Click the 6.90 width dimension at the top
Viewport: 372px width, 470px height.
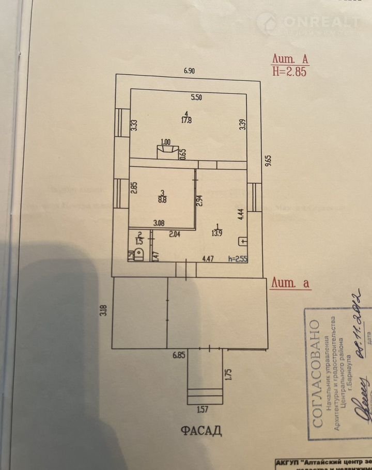[x=187, y=71]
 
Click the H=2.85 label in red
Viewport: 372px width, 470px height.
[x=289, y=72]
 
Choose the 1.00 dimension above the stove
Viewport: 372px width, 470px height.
[x=166, y=142]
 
